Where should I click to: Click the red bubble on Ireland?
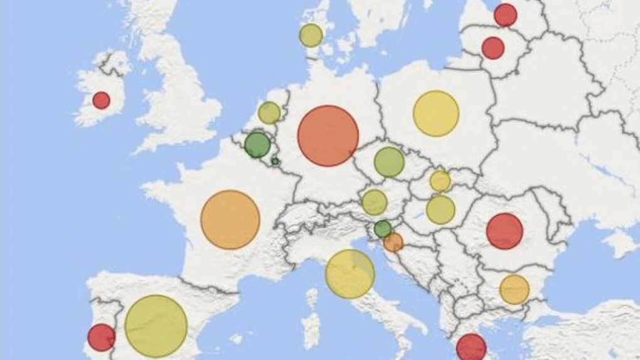tap(101, 100)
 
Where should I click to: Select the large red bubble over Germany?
tap(328, 136)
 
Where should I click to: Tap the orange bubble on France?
tap(230, 220)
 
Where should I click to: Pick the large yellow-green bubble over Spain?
tap(156, 326)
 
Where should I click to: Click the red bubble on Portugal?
tap(102, 337)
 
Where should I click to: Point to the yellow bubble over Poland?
tap(436, 114)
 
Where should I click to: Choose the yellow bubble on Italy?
tap(350, 274)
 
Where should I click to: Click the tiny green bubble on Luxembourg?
tap(275, 161)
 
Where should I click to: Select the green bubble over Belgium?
tap(257, 145)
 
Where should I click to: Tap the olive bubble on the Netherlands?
tap(269, 113)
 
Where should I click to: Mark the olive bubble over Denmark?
tap(311, 35)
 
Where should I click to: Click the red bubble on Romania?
tap(504, 231)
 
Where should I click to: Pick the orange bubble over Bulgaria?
tap(515, 289)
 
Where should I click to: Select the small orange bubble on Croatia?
tap(393, 242)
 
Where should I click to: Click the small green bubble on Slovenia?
tap(383, 228)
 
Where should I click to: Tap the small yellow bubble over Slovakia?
tap(440, 181)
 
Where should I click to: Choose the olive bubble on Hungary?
tap(440, 209)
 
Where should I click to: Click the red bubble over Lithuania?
tap(493, 48)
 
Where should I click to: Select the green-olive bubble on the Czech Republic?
tap(389, 162)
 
